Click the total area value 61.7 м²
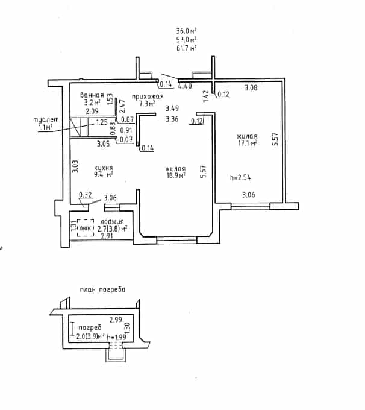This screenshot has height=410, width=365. [x=186, y=48]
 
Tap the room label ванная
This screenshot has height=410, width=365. [x=92, y=95]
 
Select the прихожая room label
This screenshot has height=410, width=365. [x=148, y=96]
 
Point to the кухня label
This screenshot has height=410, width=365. [x=103, y=168]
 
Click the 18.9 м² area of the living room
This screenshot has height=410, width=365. [x=176, y=175]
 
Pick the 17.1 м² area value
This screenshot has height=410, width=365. [x=248, y=143]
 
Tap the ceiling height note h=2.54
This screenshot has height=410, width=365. [x=240, y=177]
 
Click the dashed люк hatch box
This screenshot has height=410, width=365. [x=86, y=228]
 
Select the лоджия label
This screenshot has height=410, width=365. [x=112, y=222]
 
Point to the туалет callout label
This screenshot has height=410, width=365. [x=46, y=119]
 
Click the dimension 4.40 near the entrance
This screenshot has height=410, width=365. [x=185, y=86]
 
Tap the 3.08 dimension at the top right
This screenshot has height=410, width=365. [x=251, y=87]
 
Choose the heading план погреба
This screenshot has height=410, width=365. [x=102, y=289]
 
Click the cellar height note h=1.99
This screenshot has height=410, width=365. [x=116, y=337]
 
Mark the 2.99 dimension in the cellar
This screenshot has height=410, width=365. [x=116, y=320]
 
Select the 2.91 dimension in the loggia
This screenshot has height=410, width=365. [x=107, y=236]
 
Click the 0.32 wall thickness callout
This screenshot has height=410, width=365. [x=86, y=195]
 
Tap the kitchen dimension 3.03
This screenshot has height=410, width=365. [x=75, y=166]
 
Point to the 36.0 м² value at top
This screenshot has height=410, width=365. [x=186, y=31]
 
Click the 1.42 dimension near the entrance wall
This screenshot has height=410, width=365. [x=206, y=96]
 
